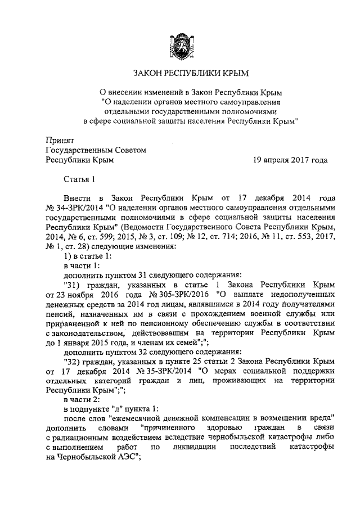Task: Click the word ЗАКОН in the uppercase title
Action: point(148,74)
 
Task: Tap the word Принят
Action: point(60,139)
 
